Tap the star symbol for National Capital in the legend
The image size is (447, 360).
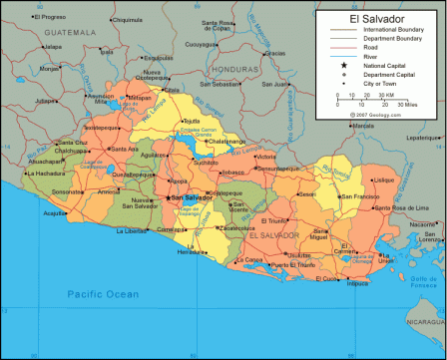pyautogui.click(x=343, y=65)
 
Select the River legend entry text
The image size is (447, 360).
pyautogui.click(x=365, y=56)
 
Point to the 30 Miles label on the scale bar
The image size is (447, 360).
pyautogui.click(x=408, y=103)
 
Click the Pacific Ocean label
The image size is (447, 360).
pyautogui.click(x=103, y=294)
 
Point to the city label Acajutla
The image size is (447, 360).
pyautogui.click(x=53, y=212)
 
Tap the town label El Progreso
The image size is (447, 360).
pyautogui.click(x=33, y=17)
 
